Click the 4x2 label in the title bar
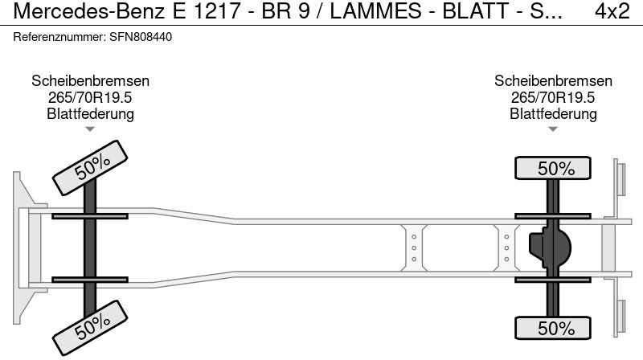pyautogui.click(x=612, y=11)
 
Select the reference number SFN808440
pyautogui.click(x=141, y=37)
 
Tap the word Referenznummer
pyautogui.click(x=59, y=37)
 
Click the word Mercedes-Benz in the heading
pyautogui.click(x=89, y=11)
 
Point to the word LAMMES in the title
pyautogui.click(x=375, y=11)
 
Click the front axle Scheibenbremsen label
pyautogui.click(x=90, y=81)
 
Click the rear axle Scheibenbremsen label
pyautogui.click(x=553, y=81)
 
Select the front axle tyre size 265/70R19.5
pyautogui.click(x=90, y=97)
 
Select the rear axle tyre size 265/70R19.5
pyautogui.click(x=553, y=97)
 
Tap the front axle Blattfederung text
pyautogui.click(x=90, y=113)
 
